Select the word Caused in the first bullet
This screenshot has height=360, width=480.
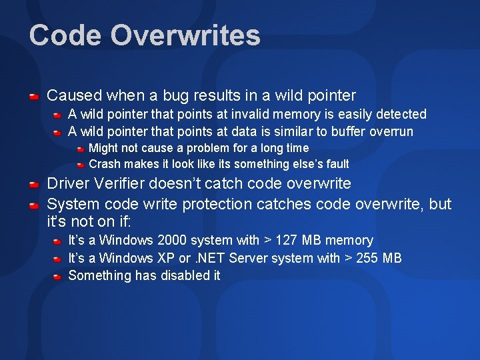pyautogui.click(x=71, y=96)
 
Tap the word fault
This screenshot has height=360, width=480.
pyautogui.click(x=335, y=164)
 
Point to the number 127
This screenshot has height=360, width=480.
pyautogui.click(x=283, y=240)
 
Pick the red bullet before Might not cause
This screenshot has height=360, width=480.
pyautogui.click(x=79, y=148)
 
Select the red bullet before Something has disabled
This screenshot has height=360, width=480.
pyautogui.click(x=58, y=276)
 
